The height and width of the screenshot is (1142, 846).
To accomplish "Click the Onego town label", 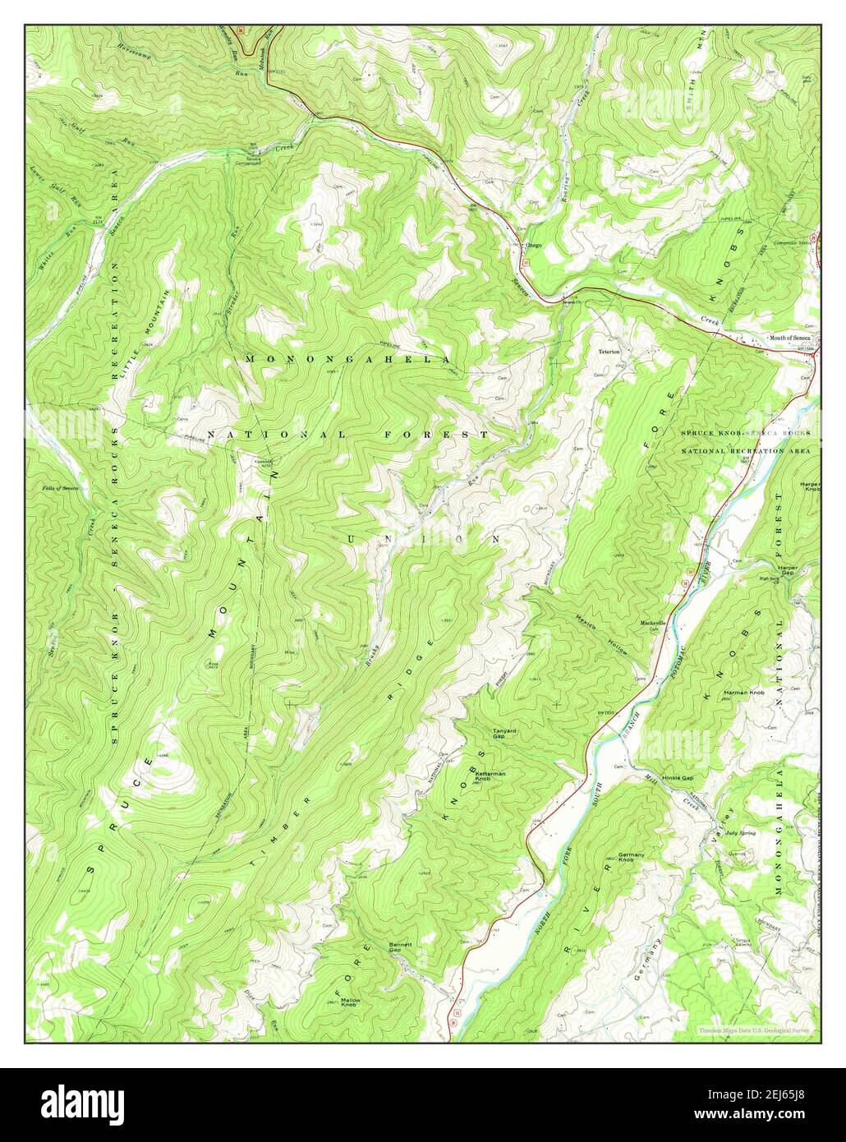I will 534,245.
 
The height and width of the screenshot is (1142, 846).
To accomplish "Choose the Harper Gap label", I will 789,570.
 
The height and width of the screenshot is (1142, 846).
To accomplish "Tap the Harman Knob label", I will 743,693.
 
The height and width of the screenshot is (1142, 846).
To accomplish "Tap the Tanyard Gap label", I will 504,734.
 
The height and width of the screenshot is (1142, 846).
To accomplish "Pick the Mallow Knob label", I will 349,1002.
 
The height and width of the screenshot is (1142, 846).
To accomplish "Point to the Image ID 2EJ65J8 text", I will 759,1096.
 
